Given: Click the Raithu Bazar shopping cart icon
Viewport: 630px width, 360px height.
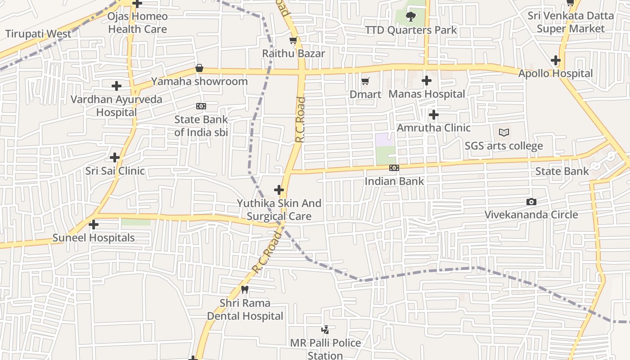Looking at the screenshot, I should coord(293,40).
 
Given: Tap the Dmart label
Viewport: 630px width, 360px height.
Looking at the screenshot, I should coord(365,94).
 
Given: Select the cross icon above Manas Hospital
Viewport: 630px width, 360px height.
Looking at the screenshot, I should coord(427,81).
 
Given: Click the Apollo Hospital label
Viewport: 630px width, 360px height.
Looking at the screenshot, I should coord(555,73).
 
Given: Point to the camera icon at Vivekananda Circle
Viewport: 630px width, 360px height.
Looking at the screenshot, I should coord(531,202).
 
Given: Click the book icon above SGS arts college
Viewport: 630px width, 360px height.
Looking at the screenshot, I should coord(504,133).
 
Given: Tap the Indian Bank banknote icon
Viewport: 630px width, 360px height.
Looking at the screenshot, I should coord(394,168).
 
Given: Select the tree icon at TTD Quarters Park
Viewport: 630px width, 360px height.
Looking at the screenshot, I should coord(410,17).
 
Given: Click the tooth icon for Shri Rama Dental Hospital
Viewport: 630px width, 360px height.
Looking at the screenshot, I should coord(245,290).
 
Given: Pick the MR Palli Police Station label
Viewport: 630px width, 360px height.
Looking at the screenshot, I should coord(325,349).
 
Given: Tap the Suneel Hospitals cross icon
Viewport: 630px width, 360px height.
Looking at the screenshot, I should coord(94,224).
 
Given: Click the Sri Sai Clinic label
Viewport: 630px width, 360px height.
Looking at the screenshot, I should coord(115,171).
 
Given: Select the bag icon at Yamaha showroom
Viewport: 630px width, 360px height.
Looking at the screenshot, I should coord(199,68).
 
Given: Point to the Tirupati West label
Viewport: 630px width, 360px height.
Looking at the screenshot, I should coord(38,34).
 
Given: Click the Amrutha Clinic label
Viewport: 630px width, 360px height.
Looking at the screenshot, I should coord(433,128).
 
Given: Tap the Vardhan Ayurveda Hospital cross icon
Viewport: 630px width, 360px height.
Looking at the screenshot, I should coord(117,85).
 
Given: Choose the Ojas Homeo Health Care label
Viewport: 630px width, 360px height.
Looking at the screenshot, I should coord(138,23).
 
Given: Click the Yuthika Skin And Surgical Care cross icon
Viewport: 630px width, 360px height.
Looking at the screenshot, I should coord(279,190).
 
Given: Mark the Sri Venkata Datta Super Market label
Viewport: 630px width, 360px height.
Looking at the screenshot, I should coord(571,22).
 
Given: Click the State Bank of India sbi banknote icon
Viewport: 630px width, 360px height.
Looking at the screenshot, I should coord(201,106).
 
